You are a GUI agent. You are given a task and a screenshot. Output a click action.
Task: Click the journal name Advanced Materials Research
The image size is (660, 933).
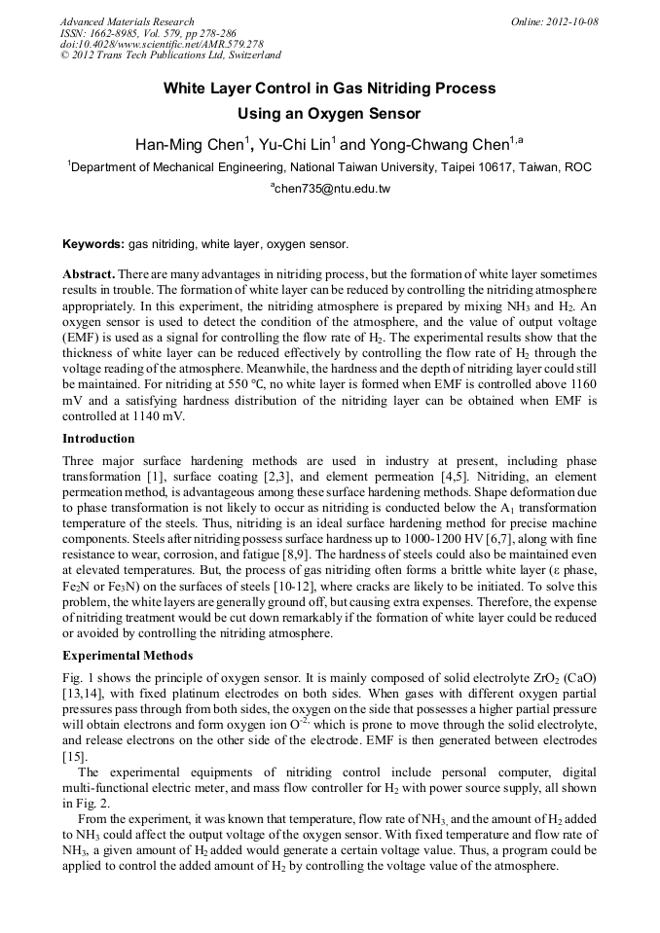click(x=127, y=21)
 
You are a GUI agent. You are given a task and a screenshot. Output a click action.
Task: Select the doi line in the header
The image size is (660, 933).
click(x=162, y=44)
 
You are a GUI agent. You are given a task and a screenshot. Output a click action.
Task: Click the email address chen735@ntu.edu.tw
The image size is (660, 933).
click(x=331, y=189)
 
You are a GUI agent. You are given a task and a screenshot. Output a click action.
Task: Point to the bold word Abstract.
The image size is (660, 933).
click(x=89, y=275)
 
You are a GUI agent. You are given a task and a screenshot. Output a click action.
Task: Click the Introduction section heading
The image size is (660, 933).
click(x=98, y=439)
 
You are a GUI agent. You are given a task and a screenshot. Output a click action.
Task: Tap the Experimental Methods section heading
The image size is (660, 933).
click(x=128, y=655)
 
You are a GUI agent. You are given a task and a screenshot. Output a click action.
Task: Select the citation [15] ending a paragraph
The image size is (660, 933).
click(x=75, y=756)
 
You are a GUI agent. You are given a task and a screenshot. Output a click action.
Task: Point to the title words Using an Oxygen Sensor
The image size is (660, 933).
click(x=329, y=114)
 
